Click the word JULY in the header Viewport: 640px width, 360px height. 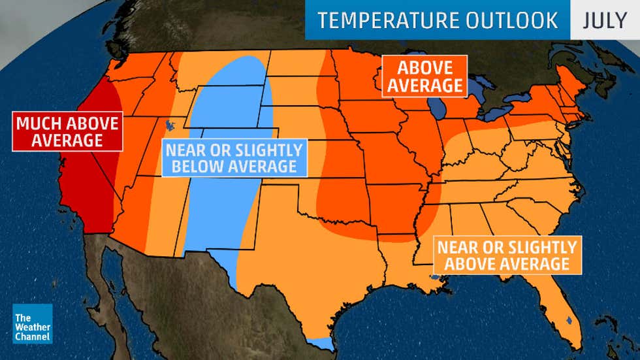605,20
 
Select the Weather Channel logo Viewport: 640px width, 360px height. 32,323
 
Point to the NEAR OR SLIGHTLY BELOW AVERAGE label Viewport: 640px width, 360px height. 234,158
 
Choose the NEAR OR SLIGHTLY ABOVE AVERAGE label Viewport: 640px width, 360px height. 507,255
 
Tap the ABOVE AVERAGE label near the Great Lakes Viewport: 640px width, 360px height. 425,76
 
